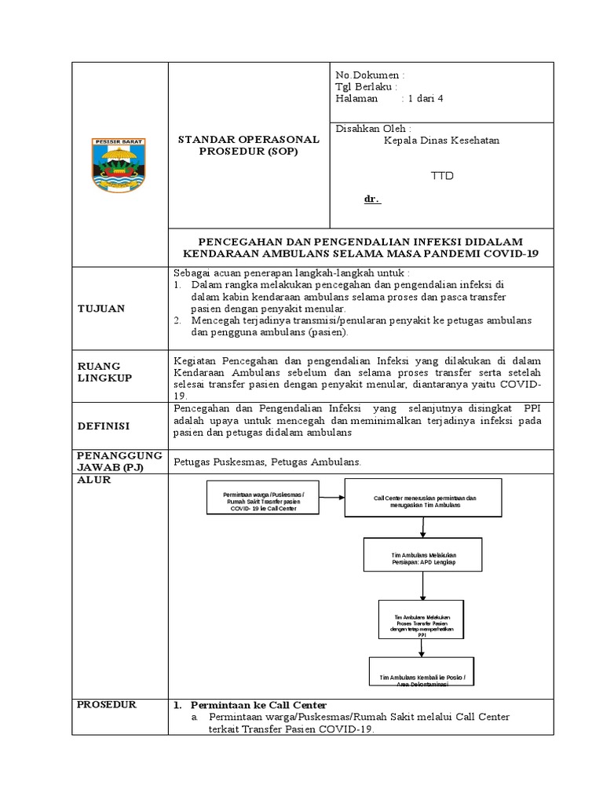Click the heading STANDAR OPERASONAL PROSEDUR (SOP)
click(x=249, y=145)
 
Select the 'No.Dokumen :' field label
click(x=370, y=74)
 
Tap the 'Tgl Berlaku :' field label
click(x=366, y=86)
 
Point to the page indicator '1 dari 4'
click(x=425, y=99)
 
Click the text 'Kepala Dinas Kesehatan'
click(x=441, y=141)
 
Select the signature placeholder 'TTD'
click(x=442, y=176)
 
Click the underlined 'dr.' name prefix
click(x=371, y=199)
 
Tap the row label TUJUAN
click(x=100, y=309)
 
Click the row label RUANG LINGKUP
click(x=104, y=372)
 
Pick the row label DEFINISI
click(x=103, y=426)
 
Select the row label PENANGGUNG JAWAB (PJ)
click(x=119, y=462)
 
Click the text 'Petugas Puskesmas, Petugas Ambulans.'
click(x=267, y=463)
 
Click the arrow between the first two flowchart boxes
click(x=332, y=496)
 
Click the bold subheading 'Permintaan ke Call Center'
click(x=259, y=704)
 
